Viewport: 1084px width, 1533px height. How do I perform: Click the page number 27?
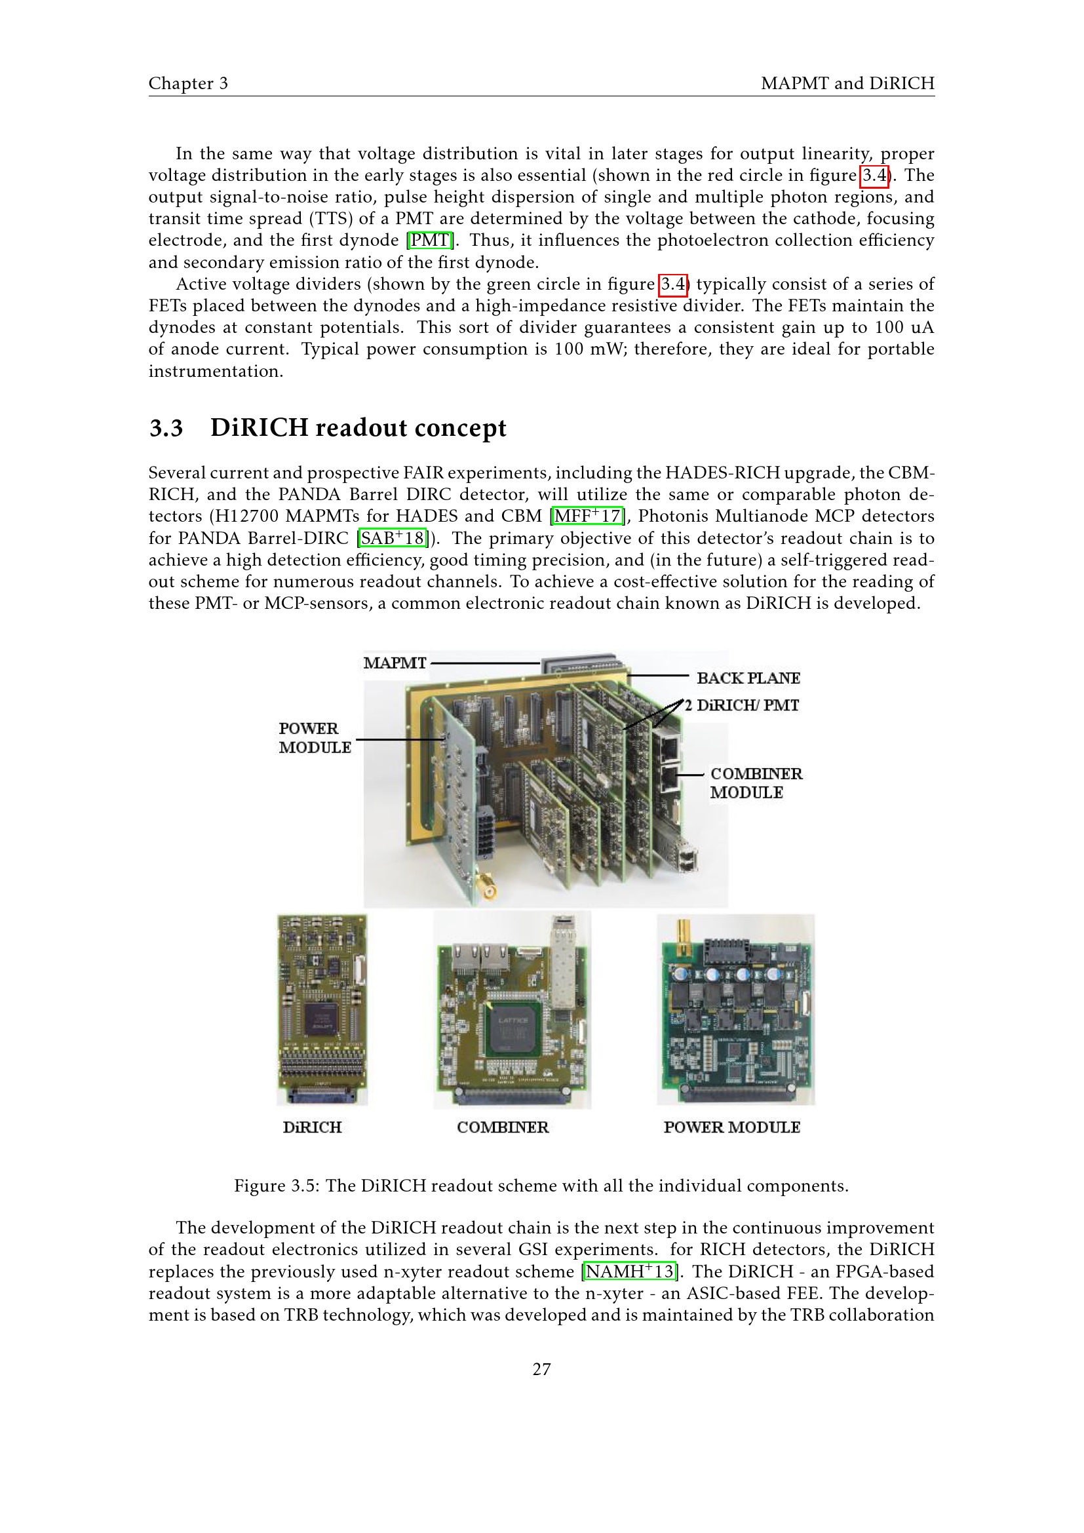click(541, 1369)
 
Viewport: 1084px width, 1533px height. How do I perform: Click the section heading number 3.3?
click(166, 428)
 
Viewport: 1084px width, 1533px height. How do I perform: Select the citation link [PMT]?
click(431, 241)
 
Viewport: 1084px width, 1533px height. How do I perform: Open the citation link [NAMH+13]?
click(629, 1271)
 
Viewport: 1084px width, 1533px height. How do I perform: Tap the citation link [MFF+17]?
click(587, 516)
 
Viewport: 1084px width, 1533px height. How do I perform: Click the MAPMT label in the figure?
click(395, 663)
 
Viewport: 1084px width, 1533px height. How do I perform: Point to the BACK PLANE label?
click(748, 678)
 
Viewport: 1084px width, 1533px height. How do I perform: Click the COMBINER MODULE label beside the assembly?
click(755, 783)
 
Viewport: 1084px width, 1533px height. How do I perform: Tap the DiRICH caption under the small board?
click(312, 1127)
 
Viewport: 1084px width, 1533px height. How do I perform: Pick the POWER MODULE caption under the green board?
click(731, 1127)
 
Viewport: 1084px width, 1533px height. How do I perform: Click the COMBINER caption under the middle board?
click(503, 1127)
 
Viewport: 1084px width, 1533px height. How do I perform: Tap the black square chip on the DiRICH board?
click(320, 1019)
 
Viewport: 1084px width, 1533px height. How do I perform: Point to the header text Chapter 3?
click(188, 83)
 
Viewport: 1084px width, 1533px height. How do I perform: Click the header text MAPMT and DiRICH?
click(847, 83)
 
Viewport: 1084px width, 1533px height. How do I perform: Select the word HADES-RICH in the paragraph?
click(722, 473)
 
